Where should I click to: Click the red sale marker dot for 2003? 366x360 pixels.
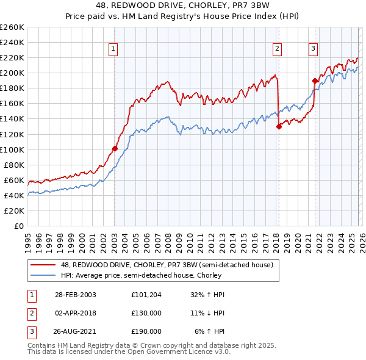(x=115, y=148)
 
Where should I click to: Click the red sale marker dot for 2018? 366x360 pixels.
(x=279, y=126)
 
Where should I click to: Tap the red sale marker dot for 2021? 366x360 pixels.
(x=315, y=81)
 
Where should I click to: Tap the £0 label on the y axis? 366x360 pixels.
(x=18, y=226)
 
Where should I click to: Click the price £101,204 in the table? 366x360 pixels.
(x=146, y=295)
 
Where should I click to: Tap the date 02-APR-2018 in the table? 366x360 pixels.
(x=76, y=313)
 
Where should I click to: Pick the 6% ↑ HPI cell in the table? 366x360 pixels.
(x=210, y=331)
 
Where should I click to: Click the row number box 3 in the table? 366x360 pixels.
(x=30, y=331)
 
